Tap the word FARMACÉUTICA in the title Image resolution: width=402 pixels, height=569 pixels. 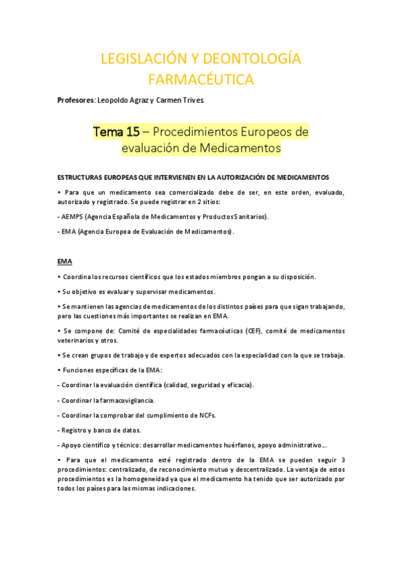[x=201, y=81]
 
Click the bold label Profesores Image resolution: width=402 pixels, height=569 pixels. [x=77, y=101]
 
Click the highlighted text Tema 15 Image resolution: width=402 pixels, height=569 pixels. [x=116, y=132]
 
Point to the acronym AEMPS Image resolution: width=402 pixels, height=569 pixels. [x=72, y=217]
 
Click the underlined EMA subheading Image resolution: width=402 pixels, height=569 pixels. [x=65, y=260]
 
